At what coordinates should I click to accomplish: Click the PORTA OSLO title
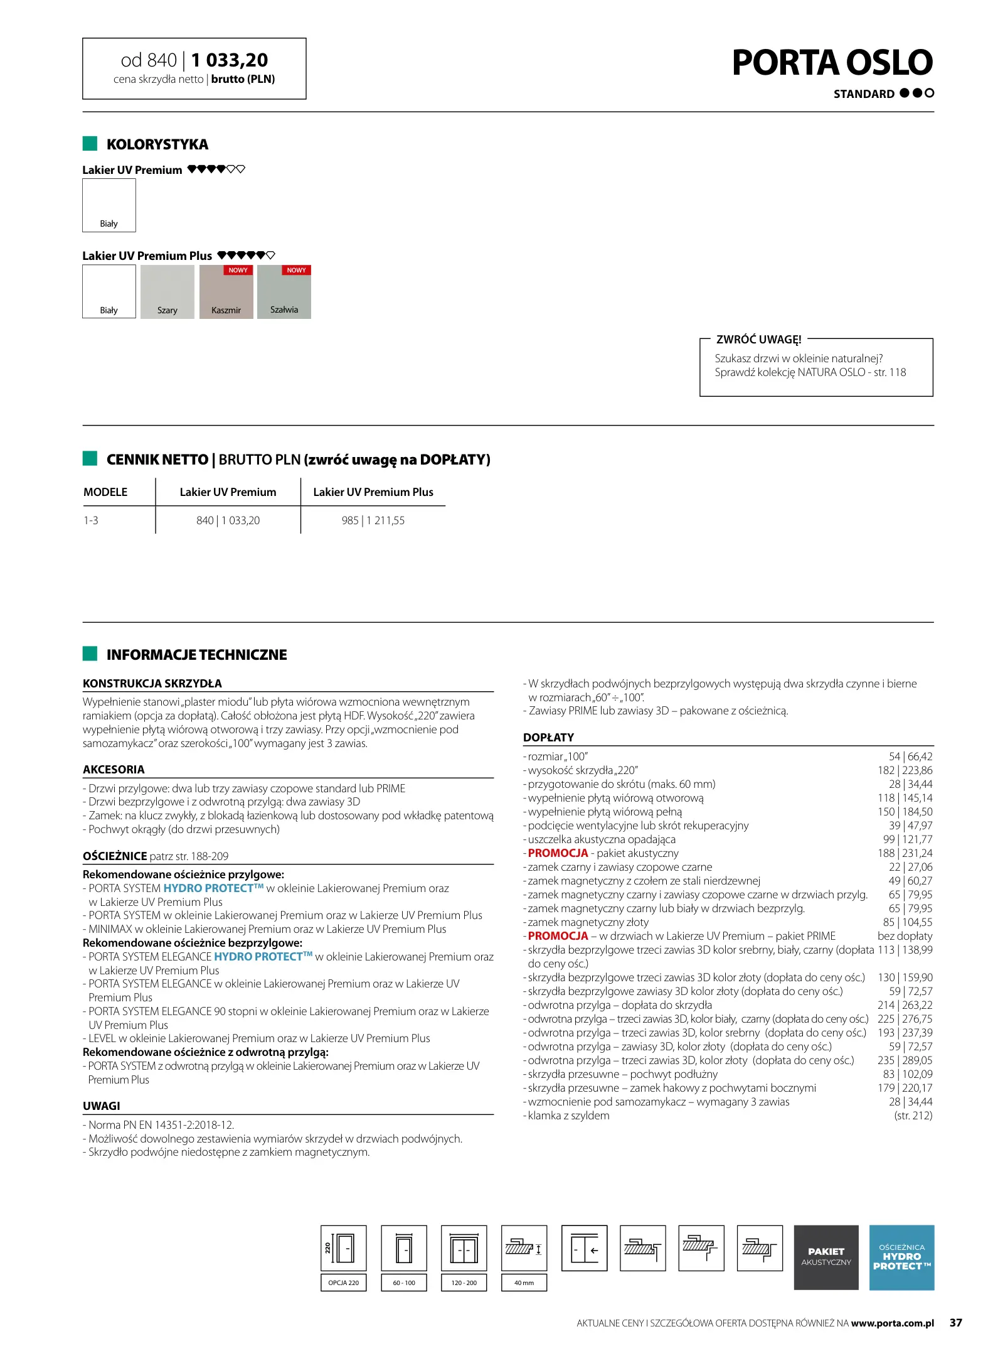pyautogui.click(x=832, y=63)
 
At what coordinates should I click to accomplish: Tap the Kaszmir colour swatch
pyautogui.click(x=226, y=292)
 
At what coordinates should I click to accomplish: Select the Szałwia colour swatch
pyautogui.click(x=284, y=292)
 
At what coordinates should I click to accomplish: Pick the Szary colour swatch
pyautogui.click(x=167, y=292)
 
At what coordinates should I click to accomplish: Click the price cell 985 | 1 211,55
pyautogui.click(x=373, y=520)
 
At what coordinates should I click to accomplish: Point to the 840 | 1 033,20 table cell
pyautogui.click(x=228, y=520)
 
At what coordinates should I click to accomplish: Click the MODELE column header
pyautogui.click(x=105, y=492)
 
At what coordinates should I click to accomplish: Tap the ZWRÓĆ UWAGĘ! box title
pyautogui.click(x=758, y=340)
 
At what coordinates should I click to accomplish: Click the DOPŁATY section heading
pyautogui.click(x=548, y=737)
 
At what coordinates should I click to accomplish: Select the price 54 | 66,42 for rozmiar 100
pyautogui.click(x=910, y=756)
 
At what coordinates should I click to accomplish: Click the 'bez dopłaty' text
pyautogui.click(x=905, y=936)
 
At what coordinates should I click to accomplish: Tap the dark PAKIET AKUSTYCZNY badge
pyautogui.click(x=826, y=1257)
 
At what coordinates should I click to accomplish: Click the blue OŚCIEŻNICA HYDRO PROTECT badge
pyautogui.click(x=901, y=1257)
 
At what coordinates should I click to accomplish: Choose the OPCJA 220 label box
pyautogui.click(x=343, y=1283)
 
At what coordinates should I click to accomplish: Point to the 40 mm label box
pyautogui.click(x=524, y=1283)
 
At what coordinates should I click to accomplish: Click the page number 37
pyautogui.click(x=955, y=1323)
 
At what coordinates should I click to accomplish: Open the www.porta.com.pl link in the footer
pyautogui.click(x=892, y=1323)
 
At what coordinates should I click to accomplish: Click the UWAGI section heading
pyautogui.click(x=102, y=1106)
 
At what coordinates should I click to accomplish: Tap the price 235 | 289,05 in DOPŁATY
pyautogui.click(x=905, y=1060)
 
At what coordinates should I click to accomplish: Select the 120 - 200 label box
pyautogui.click(x=464, y=1283)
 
